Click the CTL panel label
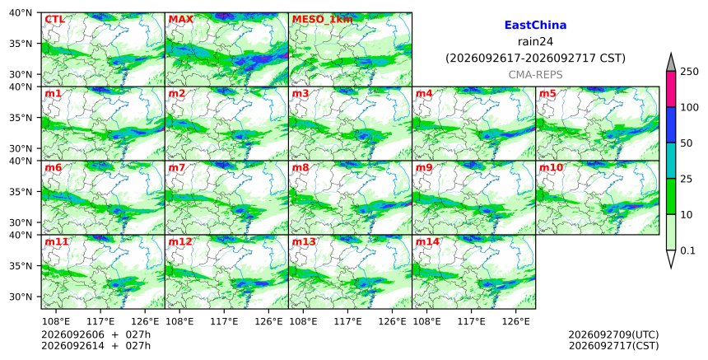54,20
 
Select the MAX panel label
180,20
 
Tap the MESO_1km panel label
323,20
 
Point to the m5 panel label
547,93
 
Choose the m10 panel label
551,167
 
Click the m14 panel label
427,241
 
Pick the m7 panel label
176,167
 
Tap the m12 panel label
180,241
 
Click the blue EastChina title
535,26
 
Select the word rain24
535,41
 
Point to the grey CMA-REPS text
535,74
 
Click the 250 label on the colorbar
689,72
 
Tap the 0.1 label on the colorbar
687,250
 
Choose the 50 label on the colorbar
687,143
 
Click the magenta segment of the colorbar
671,89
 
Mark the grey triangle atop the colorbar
671,63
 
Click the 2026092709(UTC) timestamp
613,334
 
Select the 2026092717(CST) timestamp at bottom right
613,346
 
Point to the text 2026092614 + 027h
95,346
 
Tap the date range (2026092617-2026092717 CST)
535,58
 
